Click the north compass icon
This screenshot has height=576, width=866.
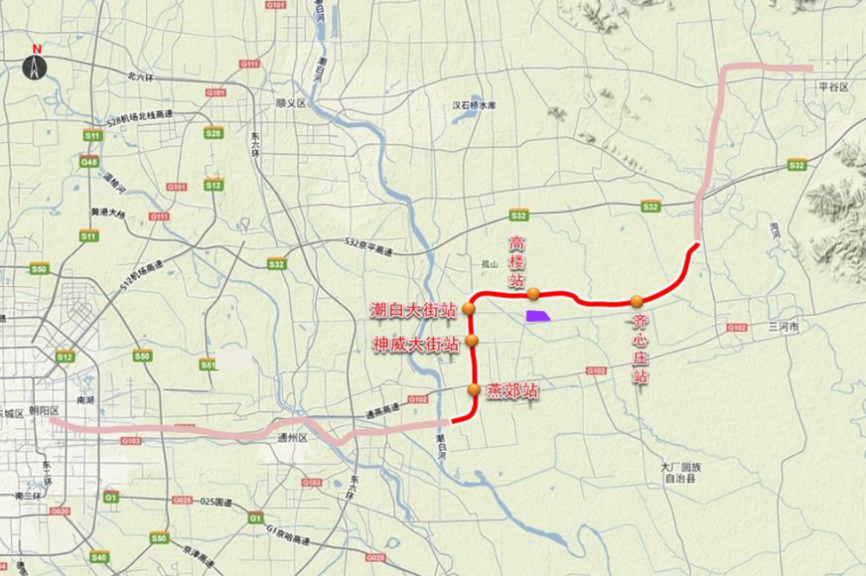pyautogui.click(x=36, y=65)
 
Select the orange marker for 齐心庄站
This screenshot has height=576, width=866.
pyautogui.click(x=637, y=301)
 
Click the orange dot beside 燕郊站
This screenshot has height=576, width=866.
pyautogui.click(x=474, y=390)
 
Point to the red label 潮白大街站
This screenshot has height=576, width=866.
pyautogui.click(x=413, y=309)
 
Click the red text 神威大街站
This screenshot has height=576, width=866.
pyautogui.click(x=416, y=344)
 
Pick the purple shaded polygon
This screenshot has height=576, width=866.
pyautogui.click(x=538, y=316)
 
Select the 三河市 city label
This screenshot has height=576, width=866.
pyautogui.click(x=784, y=327)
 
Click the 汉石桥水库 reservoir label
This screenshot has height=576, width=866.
pyautogui.click(x=474, y=106)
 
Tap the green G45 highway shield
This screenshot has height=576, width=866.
pyautogui.click(x=88, y=162)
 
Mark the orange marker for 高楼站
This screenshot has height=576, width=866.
pyautogui.click(x=534, y=293)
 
